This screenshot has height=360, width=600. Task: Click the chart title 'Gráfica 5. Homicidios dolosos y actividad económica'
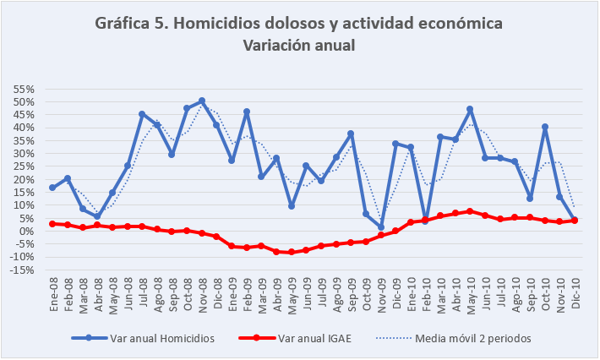point(299,24)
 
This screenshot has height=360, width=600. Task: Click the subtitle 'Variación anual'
point(299,46)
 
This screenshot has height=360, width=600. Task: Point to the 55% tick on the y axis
point(23,89)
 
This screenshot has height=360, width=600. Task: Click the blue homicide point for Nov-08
point(201,101)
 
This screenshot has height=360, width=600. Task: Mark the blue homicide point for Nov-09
point(380,227)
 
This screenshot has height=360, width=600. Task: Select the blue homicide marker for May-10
point(470,109)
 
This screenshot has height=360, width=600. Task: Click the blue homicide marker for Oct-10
point(544,127)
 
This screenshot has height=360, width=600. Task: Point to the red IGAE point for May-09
point(291,252)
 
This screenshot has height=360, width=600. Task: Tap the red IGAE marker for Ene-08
point(52,224)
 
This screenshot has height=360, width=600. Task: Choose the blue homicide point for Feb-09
point(246,112)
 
